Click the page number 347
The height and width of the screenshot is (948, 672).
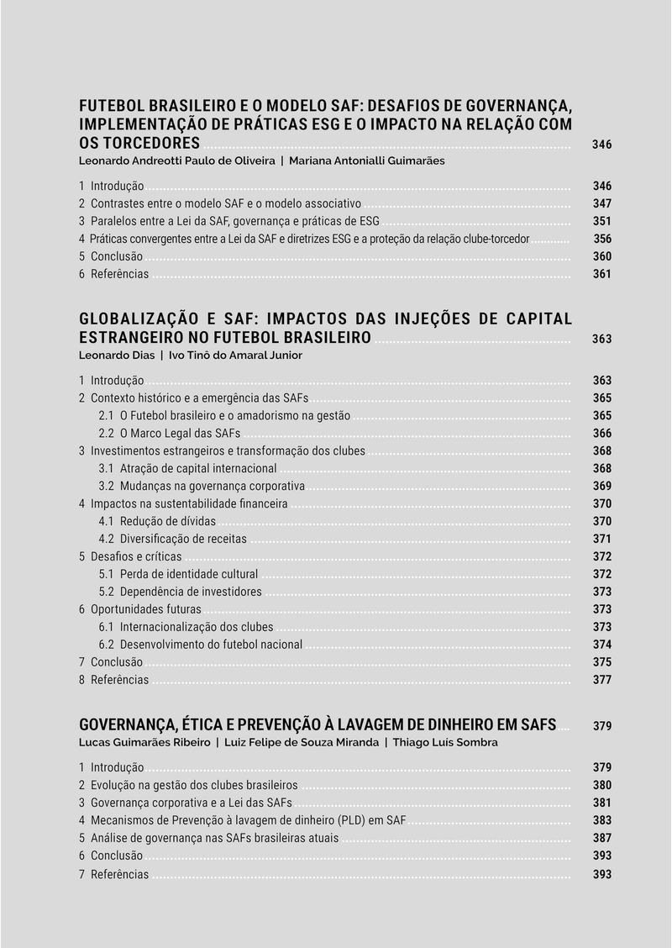pyautogui.click(x=601, y=203)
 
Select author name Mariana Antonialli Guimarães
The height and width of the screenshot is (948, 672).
pyautogui.click(x=367, y=161)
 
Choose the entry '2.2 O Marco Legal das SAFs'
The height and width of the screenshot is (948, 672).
pyautogui.click(x=170, y=434)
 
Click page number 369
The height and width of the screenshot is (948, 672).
pyautogui.click(x=601, y=487)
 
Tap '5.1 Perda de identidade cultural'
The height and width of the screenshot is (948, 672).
pyautogui.click(x=178, y=575)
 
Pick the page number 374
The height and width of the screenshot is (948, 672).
pyautogui.click(x=601, y=645)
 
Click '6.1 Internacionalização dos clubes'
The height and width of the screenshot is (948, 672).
pyautogui.click(x=186, y=627)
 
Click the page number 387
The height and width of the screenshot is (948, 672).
pyautogui.click(x=601, y=838)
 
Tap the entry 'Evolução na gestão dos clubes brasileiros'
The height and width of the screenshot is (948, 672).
pyautogui.click(x=193, y=785)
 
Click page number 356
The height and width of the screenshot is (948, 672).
pyautogui.click(x=601, y=239)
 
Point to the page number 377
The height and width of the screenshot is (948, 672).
pyautogui.click(x=601, y=680)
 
